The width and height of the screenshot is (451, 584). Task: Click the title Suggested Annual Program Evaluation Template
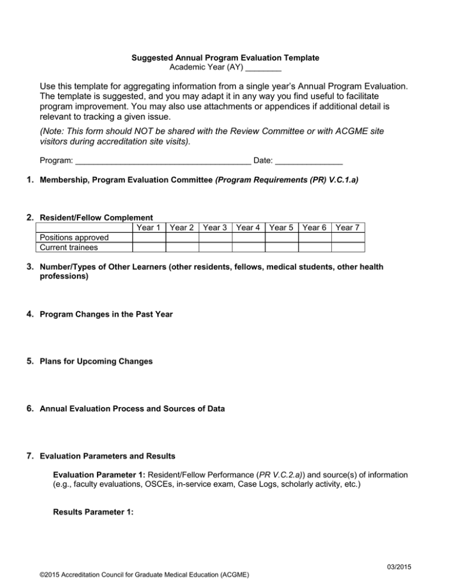(x=225, y=58)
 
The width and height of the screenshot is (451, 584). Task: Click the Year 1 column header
(x=148, y=227)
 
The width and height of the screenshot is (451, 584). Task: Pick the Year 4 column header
(x=248, y=227)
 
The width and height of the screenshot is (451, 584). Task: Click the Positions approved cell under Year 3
(x=215, y=237)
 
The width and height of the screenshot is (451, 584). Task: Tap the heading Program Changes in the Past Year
(x=106, y=314)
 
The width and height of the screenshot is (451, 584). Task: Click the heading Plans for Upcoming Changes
(x=96, y=361)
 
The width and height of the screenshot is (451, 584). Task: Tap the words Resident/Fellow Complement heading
(x=96, y=217)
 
